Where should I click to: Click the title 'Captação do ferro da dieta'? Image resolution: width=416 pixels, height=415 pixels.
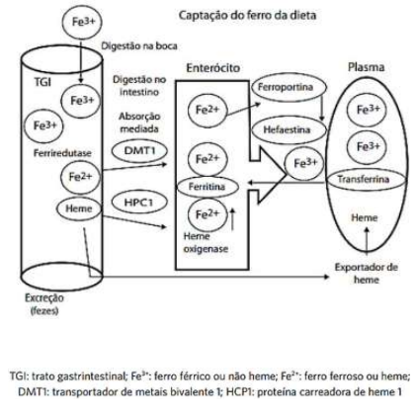pyautogui.click(x=247, y=16)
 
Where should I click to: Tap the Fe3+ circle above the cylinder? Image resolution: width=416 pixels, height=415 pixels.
pyautogui.click(x=83, y=22)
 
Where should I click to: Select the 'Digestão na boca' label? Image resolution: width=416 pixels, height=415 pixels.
pyautogui.click(x=139, y=45)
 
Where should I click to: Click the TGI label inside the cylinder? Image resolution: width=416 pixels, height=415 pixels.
pyautogui.click(x=42, y=82)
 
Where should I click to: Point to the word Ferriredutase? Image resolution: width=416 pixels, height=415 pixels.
pyautogui.click(x=62, y=153)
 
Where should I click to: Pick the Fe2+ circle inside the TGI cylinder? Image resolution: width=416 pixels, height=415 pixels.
pyautogui.click(x=80, y=177)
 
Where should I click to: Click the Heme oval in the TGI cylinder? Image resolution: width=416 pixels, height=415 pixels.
pyautogui.click(x=79, y=208)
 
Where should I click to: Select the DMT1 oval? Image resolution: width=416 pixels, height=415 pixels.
pyautogui.click(x=139, y=151)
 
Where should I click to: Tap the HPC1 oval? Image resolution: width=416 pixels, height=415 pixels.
pyautogui.click(x=138, y=202)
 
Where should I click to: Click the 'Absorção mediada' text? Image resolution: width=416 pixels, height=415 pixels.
pyautogui.click(x=139, y=123)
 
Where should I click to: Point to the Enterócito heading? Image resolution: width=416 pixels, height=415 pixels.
pyautogui.click(x=213, y=68)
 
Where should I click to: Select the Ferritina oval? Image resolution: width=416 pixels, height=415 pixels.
pyautogui.click(x=208, y=187)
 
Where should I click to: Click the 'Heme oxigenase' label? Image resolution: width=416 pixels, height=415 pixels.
pyautogui.click(x=206, y=242)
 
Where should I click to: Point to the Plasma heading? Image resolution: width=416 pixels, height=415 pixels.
pyautogui.click(x=367, y=67)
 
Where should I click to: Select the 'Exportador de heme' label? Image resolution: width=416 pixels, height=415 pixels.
pyautogui.click(x=367, y=274)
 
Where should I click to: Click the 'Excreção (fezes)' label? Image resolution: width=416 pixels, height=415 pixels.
pyautogui.click(x=44, y=303)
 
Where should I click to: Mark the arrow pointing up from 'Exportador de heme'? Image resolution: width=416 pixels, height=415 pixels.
pyautogui.click(x=367, y=240)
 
